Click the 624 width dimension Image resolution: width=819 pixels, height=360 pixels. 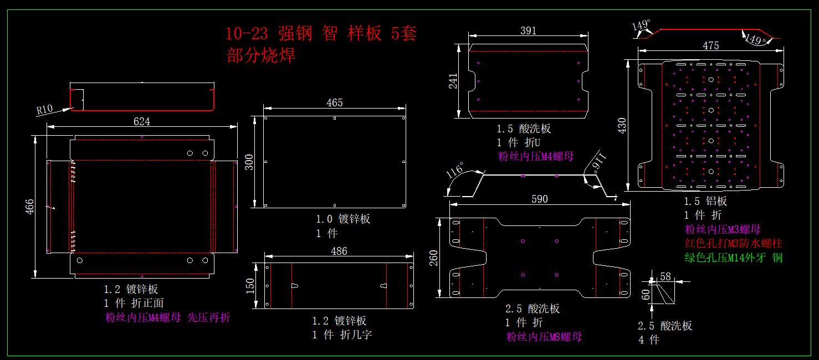[x=142, y=121]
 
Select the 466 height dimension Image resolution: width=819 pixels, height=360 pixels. [x=30, y=206]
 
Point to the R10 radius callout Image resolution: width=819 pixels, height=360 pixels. [x=44, y=109]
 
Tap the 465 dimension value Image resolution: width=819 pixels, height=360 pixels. [x=335, y=102]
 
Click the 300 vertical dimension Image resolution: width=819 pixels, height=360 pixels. [x=249, y=162]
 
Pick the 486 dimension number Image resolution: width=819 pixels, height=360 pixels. [x=339, y=251]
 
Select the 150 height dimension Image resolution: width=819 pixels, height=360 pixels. [x=250, y=286]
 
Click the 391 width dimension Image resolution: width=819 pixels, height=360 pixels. [x=529, y=31]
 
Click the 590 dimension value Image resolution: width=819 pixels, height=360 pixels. [x=540, y=199]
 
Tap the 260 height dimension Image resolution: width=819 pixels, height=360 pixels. [x=434, y=258]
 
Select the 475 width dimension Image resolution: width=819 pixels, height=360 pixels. [x=711, y=45]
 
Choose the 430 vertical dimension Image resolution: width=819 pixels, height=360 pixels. [x=622, y=126]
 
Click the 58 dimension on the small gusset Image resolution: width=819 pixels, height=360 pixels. [x=666, y=276]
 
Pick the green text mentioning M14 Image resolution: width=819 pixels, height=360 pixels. [x=734, y=258]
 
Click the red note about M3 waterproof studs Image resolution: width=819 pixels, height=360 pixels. [x=734, y=243]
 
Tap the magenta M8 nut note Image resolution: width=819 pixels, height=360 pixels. [x=544, y=337]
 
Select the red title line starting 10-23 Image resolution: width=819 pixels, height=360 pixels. [x=321, y=34]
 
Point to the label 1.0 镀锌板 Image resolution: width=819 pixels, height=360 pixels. [x=343, y=219]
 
